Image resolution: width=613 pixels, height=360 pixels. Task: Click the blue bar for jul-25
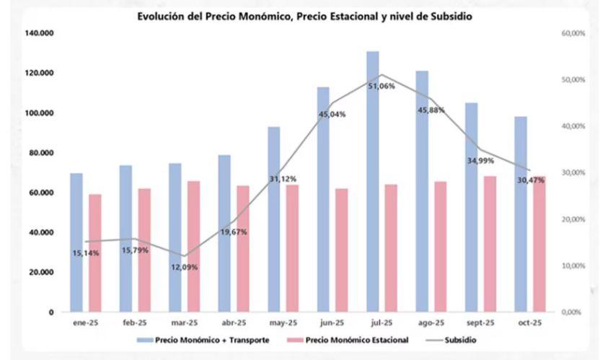[x=372, y=181]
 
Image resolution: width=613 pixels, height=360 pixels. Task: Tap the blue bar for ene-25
[x=76, y=242]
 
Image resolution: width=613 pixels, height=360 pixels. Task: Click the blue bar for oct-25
[x=521, y=214]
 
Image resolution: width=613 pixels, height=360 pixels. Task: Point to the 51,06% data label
[x=382, y=86]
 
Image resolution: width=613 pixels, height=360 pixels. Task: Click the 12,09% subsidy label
[x=184, y=267]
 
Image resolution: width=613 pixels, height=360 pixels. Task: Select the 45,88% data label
[x=431, y=110]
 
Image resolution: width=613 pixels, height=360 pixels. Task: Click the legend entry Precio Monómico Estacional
[x=357, y=339]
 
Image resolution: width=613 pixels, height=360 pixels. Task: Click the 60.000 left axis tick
[x=41, y=193]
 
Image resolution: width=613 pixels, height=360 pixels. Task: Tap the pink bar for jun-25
[x=342, y=250]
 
